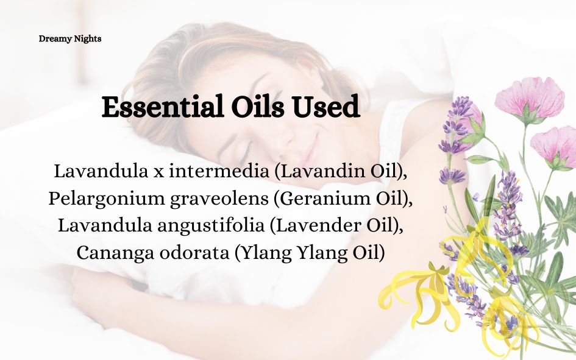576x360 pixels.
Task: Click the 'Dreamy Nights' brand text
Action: pos(70,39)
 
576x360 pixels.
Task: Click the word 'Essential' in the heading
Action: pos(162,107)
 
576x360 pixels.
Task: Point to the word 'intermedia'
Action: pos(219,171)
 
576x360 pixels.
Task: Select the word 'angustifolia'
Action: pos(211,226)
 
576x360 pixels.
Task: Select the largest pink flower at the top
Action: pos(530,98)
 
